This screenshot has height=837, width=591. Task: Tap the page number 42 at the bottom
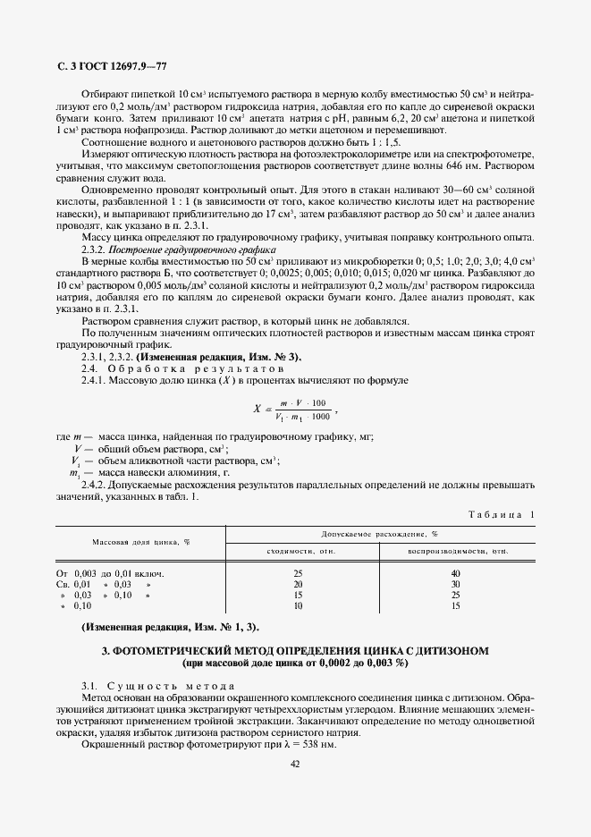(295, 763)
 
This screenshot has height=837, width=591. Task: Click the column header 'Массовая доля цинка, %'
(141, 542)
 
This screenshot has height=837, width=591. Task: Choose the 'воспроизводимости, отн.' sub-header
(457, 551)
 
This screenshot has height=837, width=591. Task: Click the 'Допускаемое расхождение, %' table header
(380, 533)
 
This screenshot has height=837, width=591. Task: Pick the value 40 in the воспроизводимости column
(456, 572)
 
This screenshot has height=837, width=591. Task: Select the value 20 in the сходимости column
(299, 583)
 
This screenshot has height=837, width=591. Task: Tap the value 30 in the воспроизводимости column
(456, 583)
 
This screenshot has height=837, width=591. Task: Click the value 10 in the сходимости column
(299, 605)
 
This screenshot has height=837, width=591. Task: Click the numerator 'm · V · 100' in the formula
(302, 403)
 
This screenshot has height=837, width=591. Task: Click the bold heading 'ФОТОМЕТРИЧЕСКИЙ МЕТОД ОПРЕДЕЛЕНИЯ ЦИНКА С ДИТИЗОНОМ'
(295, 651)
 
